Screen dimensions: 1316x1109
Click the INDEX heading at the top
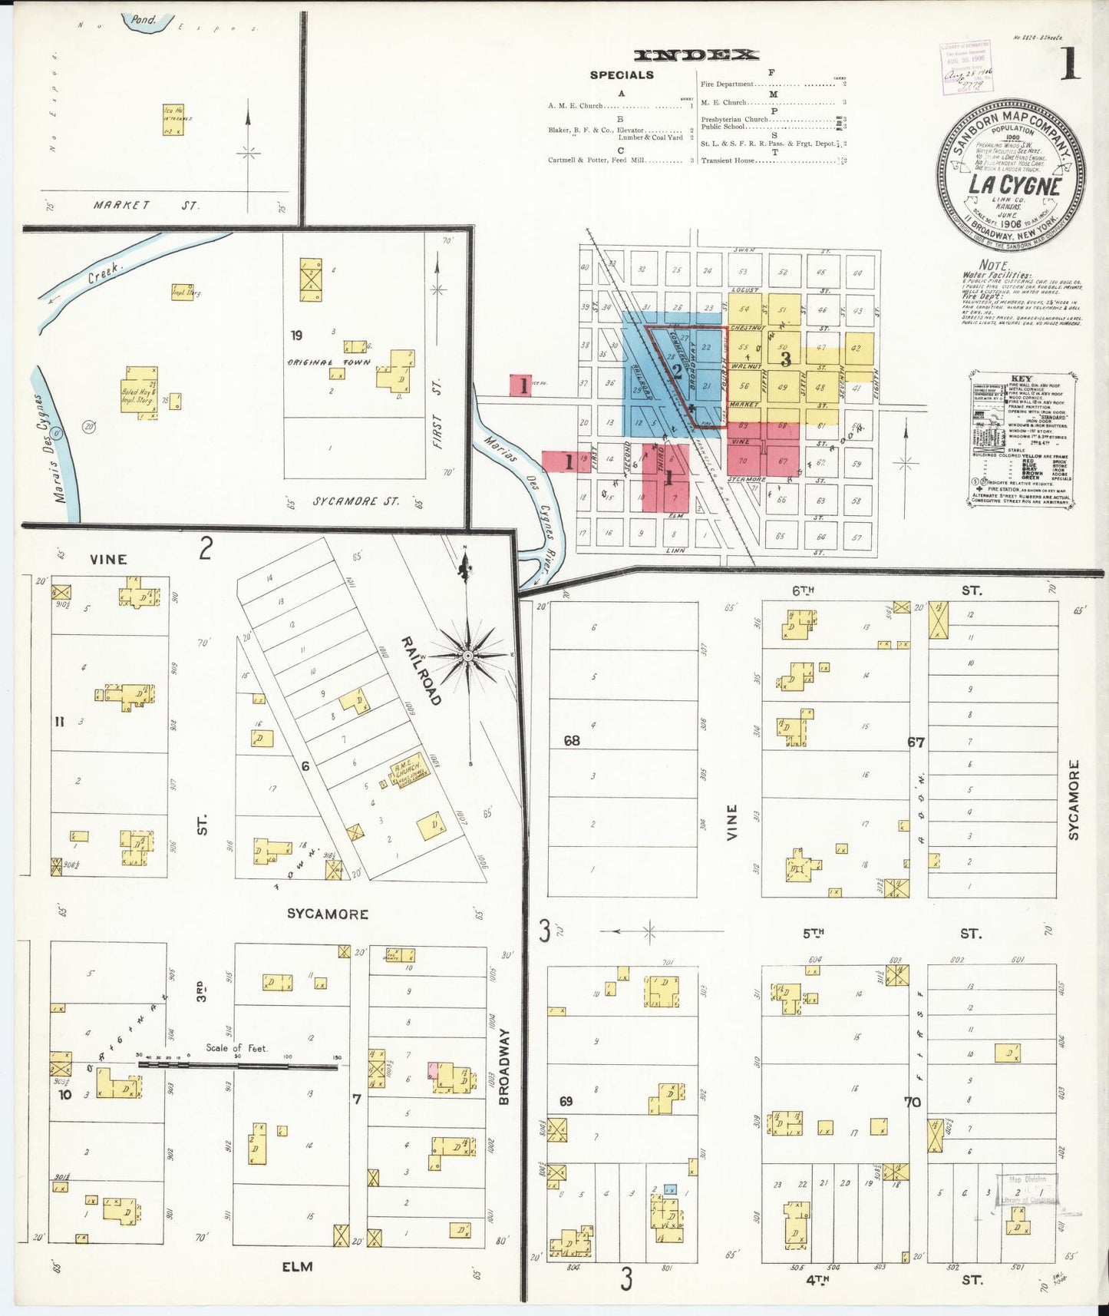(x=696, y=55)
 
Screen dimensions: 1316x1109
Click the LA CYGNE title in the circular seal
(x=1014, y=186)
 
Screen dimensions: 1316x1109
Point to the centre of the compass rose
(x=468, y=656)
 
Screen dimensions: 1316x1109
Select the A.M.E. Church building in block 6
(x=405, y=774)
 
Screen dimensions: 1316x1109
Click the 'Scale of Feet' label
(x=236, y=1047)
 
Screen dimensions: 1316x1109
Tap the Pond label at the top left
(x=144, y=20)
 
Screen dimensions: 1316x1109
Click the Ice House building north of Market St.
(x=172, y=121)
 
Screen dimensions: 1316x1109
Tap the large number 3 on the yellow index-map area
(x=785, y=359)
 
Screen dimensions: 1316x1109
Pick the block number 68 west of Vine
(x=571, y=741)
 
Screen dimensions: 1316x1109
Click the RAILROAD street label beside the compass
(x=421, y=670)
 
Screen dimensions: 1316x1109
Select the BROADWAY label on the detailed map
(x=503, y=1066)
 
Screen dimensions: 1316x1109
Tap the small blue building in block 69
(x=670, y=1189)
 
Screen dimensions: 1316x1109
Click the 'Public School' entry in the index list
(x=723, y=127)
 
